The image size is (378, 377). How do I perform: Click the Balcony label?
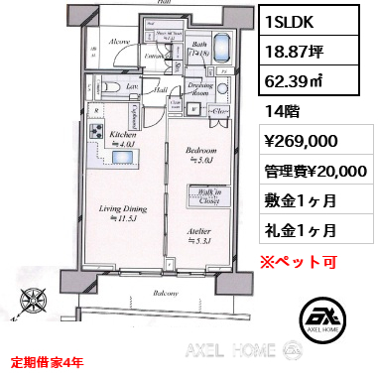click(165, 295)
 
